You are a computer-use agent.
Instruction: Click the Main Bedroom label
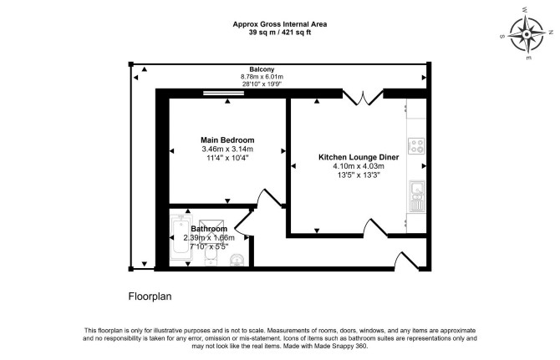(227, 139)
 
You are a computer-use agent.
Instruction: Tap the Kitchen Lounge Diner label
(359, 157)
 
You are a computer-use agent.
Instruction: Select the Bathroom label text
(209, 229)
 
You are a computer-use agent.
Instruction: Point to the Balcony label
(262, 69)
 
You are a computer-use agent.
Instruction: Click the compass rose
(527, 34)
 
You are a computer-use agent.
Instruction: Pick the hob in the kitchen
(416, 146)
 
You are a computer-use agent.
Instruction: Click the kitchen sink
(417, 196)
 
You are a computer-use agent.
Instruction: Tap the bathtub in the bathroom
(181, 237)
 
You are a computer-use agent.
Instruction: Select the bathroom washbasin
(236, 260)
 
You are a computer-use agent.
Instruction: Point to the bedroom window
(223, 93)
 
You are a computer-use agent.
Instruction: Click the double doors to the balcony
(363, 98)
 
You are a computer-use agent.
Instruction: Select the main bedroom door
(271, 198)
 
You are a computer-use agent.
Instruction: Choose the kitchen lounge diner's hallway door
(375, 228)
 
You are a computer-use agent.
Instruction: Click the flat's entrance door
(406, 261)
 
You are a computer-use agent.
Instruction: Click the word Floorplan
(150, 297)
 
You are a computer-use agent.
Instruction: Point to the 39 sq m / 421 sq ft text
(280, 33)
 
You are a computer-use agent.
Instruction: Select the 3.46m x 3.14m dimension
(227, 149)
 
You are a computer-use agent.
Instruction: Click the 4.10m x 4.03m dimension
(359, 166)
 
